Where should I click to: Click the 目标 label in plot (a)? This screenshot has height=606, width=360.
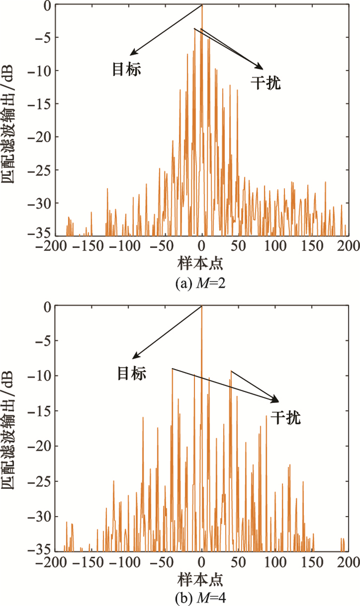click(x=126, y=69)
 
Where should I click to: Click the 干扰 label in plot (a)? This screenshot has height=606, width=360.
click(x=266, y=83)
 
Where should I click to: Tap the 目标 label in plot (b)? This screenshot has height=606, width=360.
click(x=132, y=373)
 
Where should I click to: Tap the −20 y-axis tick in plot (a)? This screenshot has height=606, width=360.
click(x=40, y=137)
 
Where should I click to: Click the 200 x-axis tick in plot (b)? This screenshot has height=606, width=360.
click(x=348, y=561)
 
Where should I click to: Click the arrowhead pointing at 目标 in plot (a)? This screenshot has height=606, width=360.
click(x=132, y=53)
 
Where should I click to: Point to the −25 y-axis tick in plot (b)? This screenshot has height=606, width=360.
click(x=40, y=482)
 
